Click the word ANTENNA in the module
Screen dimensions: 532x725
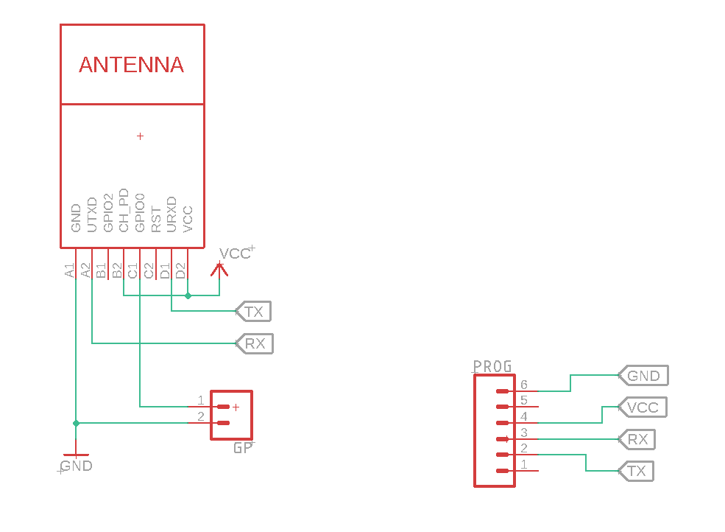(131, 65)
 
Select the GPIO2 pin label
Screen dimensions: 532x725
(108, 214)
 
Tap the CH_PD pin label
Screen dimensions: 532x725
(124, 211)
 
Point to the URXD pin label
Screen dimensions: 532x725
(171, 214)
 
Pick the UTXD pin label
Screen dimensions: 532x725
(92, 214)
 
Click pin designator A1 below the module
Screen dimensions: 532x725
(70, 270)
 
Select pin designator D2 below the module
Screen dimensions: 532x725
(180, 270)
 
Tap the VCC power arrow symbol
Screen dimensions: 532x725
(219, 269)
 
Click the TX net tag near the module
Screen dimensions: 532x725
(253, 312)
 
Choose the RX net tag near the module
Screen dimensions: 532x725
(255, 343)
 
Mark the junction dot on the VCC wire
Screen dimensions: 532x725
(188, 295)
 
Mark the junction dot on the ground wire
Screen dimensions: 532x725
(76, 423)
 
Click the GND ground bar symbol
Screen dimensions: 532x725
(76, 455)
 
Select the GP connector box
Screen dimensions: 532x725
(231, 415)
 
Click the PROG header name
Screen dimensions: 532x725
(492, 366)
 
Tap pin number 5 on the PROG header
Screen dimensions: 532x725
(523, 401)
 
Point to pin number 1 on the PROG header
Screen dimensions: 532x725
(523, 464)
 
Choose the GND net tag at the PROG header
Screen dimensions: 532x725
(644, 376)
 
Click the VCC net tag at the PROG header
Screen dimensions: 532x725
(643, 407)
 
